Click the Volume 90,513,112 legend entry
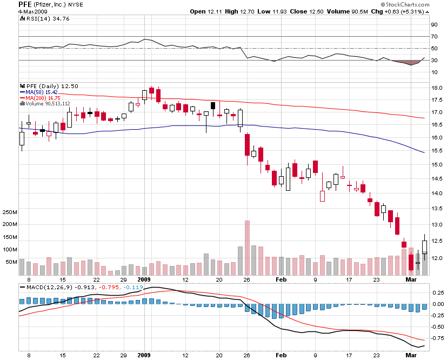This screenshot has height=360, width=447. coord(46,103)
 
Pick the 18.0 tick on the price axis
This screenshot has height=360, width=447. coord(436,88)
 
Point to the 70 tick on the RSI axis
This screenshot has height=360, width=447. coord(433,37)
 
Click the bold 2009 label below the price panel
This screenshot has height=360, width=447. coord(143,280)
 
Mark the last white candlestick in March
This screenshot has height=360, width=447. coord(425,246)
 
